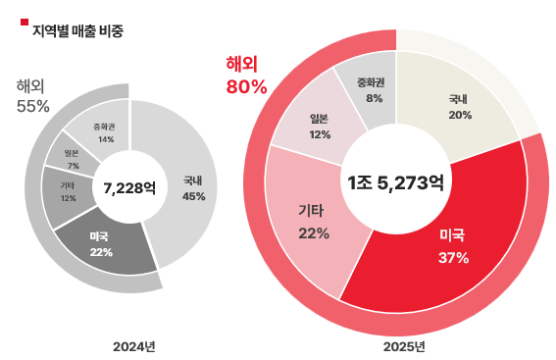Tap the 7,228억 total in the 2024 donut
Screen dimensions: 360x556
[129, 188]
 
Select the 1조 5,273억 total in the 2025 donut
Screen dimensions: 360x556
[395, 181]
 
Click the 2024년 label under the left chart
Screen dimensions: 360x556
[133, 346]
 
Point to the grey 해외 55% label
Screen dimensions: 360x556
[32, 95]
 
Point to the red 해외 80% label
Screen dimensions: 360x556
[246, 76]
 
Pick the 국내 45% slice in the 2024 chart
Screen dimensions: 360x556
[191, 188]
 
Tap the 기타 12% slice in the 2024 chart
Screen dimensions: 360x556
[68, 191]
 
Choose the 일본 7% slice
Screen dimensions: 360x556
[72, 158]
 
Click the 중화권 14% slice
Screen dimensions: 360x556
[104, 131]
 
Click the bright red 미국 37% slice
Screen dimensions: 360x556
[452, 246]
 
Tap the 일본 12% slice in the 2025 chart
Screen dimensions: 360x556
[319, 126]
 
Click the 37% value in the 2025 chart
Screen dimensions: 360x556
[453, 258]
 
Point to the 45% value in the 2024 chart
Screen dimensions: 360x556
[193, 196]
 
